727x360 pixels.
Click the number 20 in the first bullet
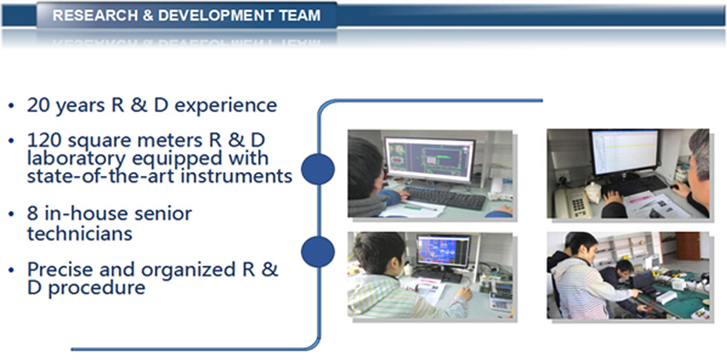coord(39,105)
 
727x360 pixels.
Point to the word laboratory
coord(76,159)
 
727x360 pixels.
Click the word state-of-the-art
coord(101,176)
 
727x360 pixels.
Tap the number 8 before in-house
coord(32,213)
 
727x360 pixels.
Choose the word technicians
coord(80,233)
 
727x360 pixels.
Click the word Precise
coord(60,269)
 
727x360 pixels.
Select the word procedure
coord(97,288)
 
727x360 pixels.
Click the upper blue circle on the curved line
coord(318,169)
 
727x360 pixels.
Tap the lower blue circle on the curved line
coord(318,252)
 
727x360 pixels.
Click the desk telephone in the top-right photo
coord(571,203)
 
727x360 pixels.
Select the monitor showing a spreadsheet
coord(625,153)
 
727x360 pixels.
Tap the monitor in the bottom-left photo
coord(443,251)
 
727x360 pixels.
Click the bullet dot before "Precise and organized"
coord(11,270)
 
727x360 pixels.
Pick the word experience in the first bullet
coord(226,106)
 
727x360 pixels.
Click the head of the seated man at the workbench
coord(625,267)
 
